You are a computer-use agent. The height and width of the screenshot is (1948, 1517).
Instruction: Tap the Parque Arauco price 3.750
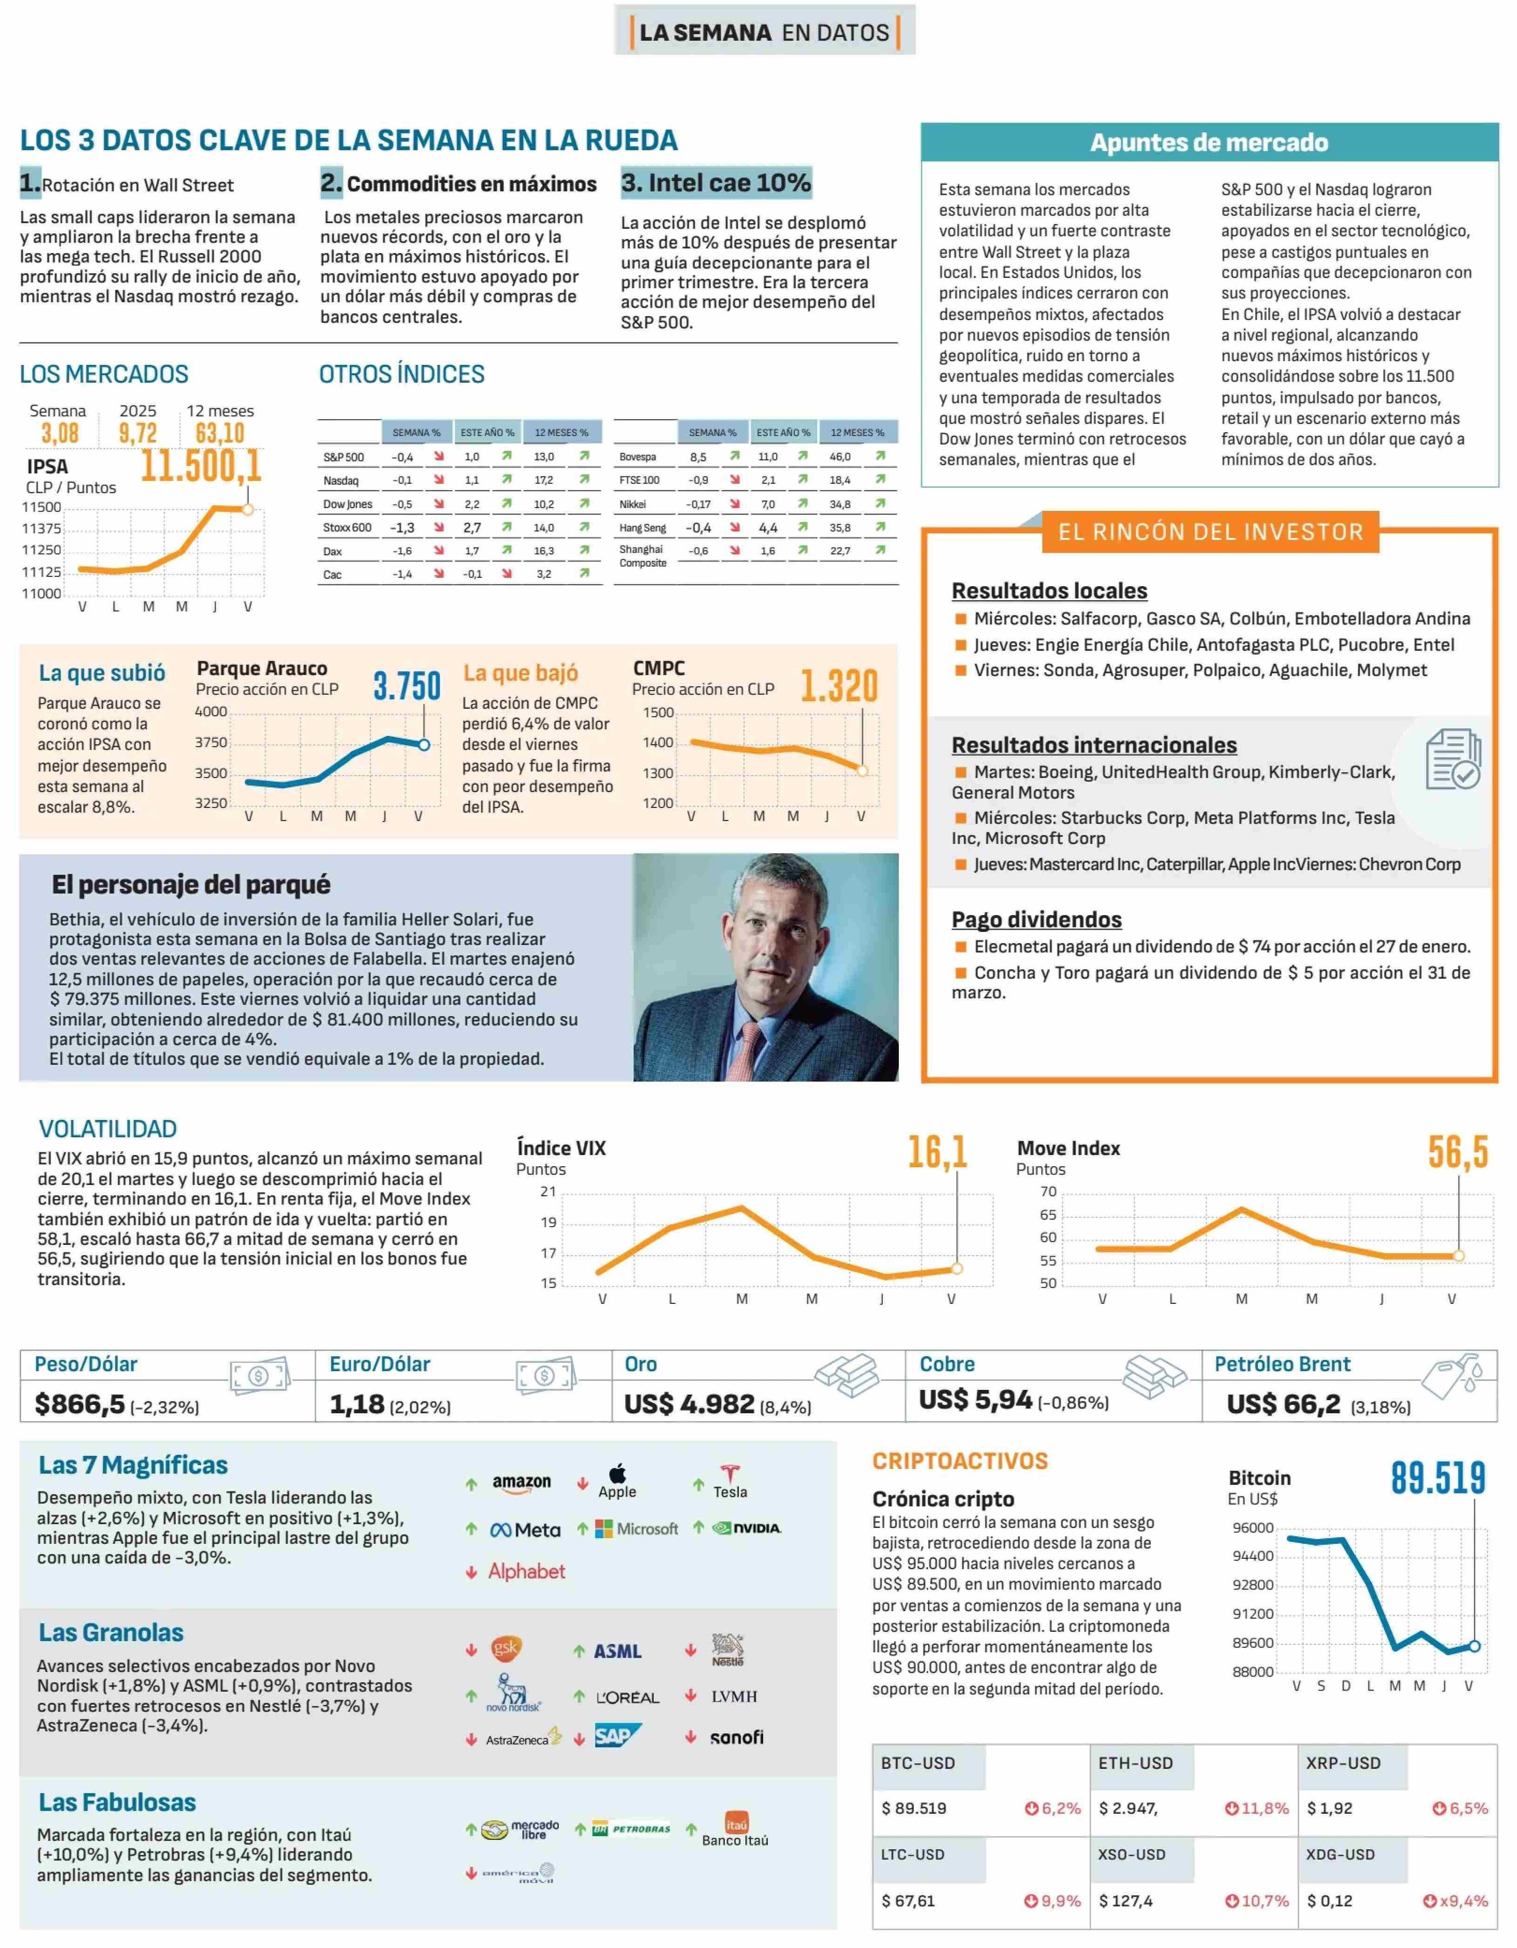[407, 686]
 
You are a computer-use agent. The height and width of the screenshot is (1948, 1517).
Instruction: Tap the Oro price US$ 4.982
[689, 1404]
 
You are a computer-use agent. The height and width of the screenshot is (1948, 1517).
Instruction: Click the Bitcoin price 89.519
[1438, 1478]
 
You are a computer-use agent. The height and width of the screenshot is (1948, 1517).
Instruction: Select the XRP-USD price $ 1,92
[1330, 1808]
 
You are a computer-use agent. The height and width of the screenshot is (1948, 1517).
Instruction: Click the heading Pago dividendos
[1036, 920]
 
